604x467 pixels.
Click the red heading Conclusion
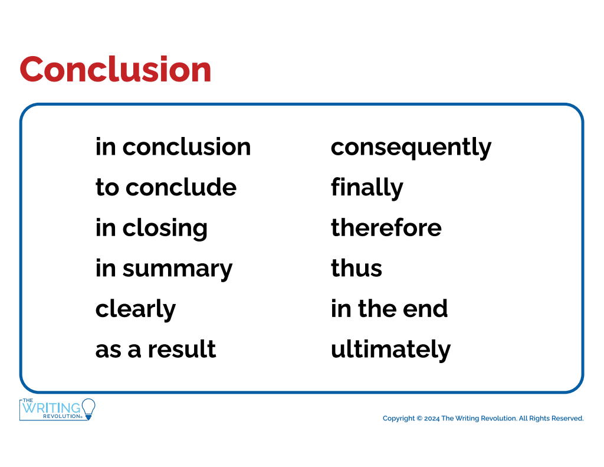(115, 70)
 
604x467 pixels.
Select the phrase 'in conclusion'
(173, 147)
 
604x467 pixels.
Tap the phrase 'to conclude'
(166, 187)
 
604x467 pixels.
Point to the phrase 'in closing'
(152, 228)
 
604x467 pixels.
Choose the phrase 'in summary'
(164, 269)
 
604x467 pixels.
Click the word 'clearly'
(136, 309)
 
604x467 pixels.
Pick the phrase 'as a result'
(156, 349)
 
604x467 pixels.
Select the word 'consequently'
(411, 148)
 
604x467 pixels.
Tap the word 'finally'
(367, 188)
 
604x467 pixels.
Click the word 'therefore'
(386, 227)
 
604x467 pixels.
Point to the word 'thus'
(356, 268)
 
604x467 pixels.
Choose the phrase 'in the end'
(389, 309)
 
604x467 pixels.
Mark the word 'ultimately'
(390, 350)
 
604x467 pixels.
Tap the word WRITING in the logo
(52, 408)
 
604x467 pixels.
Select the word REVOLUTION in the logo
(61, 416)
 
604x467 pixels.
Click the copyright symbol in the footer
(419, 419)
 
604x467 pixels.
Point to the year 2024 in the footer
(432, 419)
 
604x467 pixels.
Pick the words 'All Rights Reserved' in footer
(552, 419)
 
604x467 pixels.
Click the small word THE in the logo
(28, 400)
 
